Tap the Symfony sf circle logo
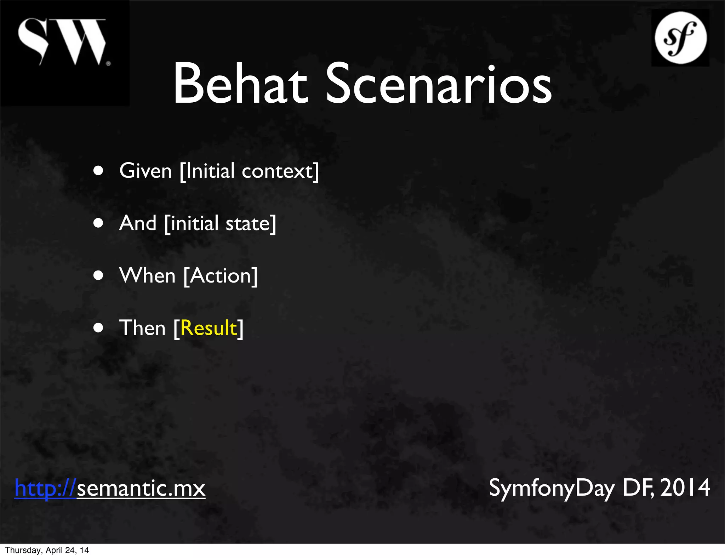click(680, 38)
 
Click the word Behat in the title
click(240, 84)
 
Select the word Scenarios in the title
click(438, 84)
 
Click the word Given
click(145, 171)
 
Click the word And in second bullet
click(137, 223)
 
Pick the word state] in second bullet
click(251, 223)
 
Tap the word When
click(147, 276)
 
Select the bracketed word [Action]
click(221, 276)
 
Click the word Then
click(142, 328)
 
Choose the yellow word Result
click(209, 328)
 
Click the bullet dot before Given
click(98, 171)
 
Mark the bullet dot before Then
click(98, 328)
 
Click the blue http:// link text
click(45, 488)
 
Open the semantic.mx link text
click(141, 488)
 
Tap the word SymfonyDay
click(552, 488)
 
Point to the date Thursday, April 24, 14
click(47, 550)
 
